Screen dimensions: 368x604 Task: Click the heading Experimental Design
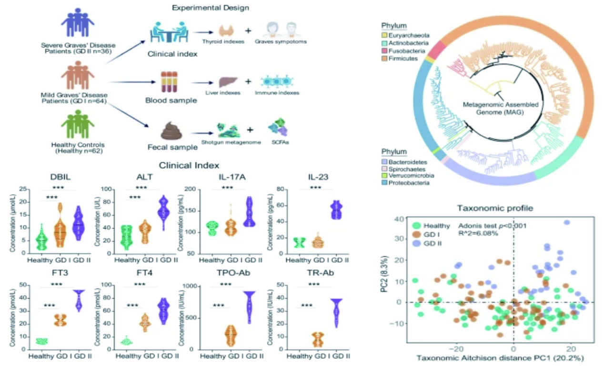point(210,8)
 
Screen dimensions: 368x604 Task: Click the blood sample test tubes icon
point(170,82)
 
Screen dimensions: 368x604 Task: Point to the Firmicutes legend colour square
point(383,59)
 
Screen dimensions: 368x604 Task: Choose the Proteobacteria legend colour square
point(383,182)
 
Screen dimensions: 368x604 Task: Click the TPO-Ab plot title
point(230,274)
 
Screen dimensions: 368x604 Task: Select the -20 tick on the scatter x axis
point(456,347)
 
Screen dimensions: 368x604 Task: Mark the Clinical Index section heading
point(189,166)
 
